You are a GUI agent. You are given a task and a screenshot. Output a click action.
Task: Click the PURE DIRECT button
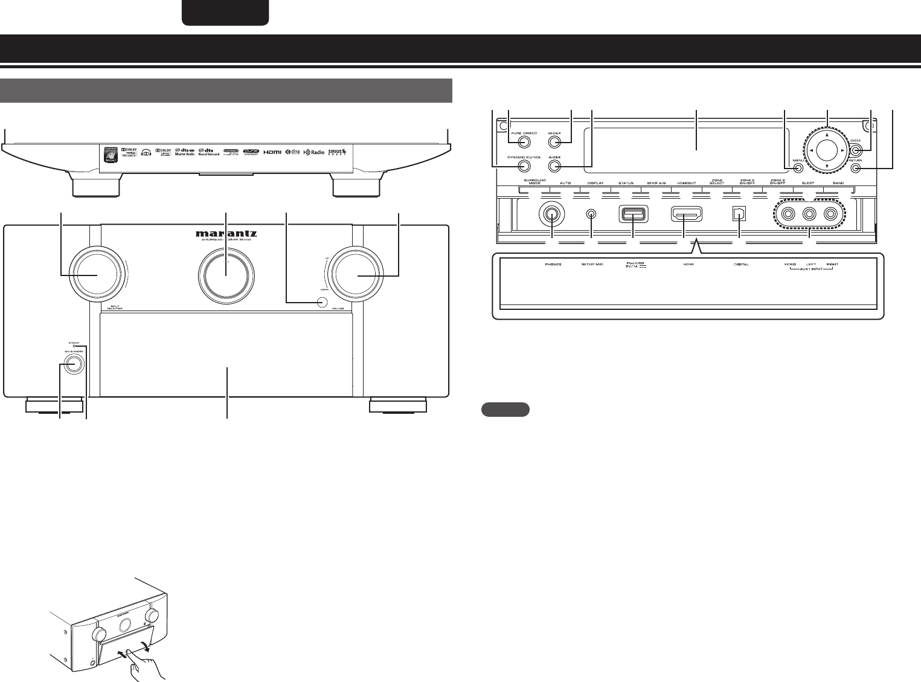(524, 143)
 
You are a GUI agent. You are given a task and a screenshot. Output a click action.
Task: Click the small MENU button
(797, 169)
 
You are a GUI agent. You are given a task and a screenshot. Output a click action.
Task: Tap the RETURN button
(854, 169)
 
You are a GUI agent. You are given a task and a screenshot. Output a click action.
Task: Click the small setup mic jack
(592, 214)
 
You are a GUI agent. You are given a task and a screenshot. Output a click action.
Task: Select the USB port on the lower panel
(633, 214)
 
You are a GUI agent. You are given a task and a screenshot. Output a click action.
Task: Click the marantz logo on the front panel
(226, 232)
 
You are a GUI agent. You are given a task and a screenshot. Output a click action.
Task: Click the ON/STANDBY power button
(71, 364)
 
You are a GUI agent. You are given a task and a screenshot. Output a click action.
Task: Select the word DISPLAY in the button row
(595, 183)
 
